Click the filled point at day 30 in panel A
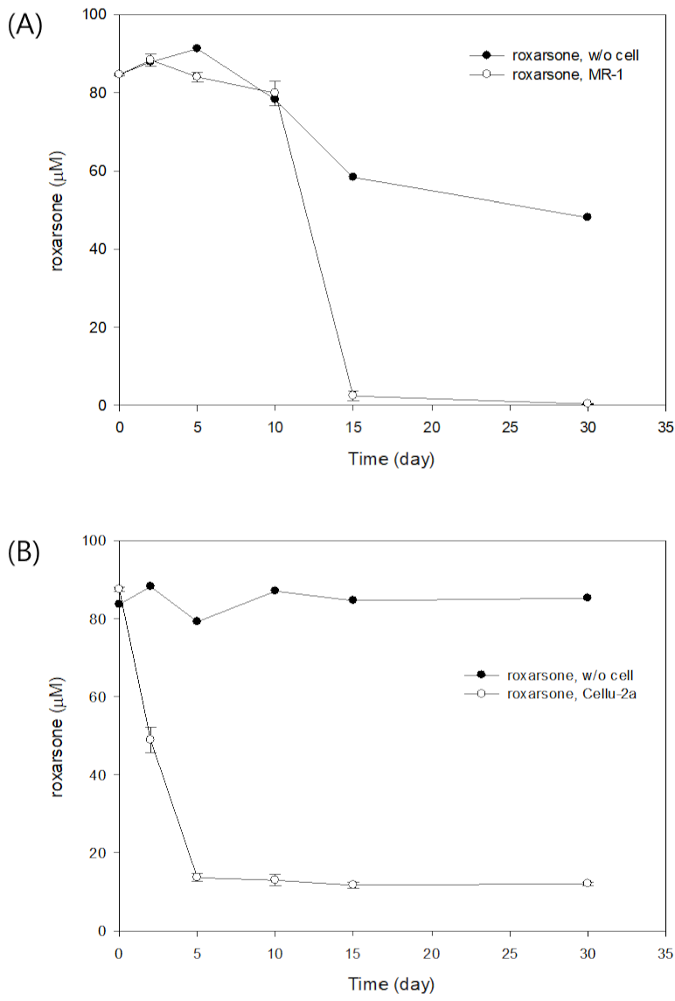pyautogui.click(x=587, y=217)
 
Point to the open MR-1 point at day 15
pyautogui.click(x=352, y=395)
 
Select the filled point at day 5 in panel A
pyautogui.click(x=197, y=48)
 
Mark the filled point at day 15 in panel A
pyautogui.click(x=352, y=177)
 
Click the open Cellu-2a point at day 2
pyautogui.click(x=150, y=739)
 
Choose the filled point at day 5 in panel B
pyautogui.click(x=197, y=621)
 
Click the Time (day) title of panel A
pyautogui.click(x=392, y=458)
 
